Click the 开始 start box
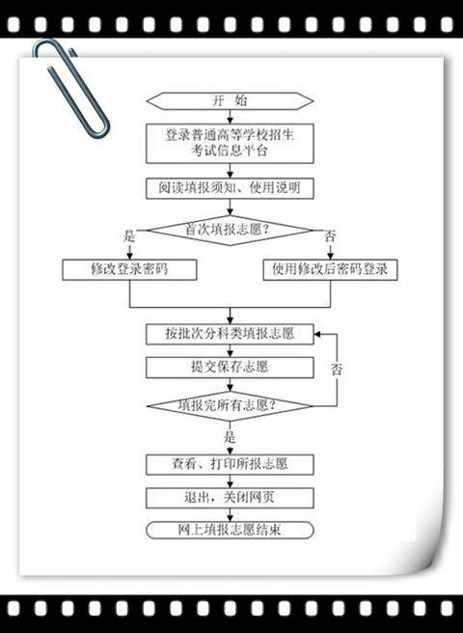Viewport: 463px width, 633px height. (230, 101)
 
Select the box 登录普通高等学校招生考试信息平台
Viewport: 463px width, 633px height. (230, 144)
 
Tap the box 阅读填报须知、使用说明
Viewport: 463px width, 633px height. (230, 188)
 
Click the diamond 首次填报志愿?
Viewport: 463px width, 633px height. (230, 231)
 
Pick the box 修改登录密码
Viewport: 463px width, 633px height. (129, 269)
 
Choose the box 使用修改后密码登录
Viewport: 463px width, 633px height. (330, 269)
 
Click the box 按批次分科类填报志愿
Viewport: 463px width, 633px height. (230, 334)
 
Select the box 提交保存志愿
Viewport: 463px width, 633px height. (230, 368)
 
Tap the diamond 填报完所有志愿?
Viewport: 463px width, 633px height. (230, 405)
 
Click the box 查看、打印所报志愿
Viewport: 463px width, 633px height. (230, 464)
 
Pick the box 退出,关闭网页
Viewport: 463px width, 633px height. (230, 498)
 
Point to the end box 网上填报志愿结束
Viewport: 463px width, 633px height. (230, 530)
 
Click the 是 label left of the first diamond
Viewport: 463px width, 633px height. (129, 236)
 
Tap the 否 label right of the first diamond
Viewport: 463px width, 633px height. (330, 236)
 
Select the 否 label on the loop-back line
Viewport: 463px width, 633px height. (337, 370)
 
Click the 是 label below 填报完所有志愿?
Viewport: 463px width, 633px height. (230, 438)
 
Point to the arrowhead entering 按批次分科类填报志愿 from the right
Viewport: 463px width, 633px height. (317, 334)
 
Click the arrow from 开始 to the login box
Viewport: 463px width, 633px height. (230, 117)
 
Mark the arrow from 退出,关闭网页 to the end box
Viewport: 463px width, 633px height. (230, 514)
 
